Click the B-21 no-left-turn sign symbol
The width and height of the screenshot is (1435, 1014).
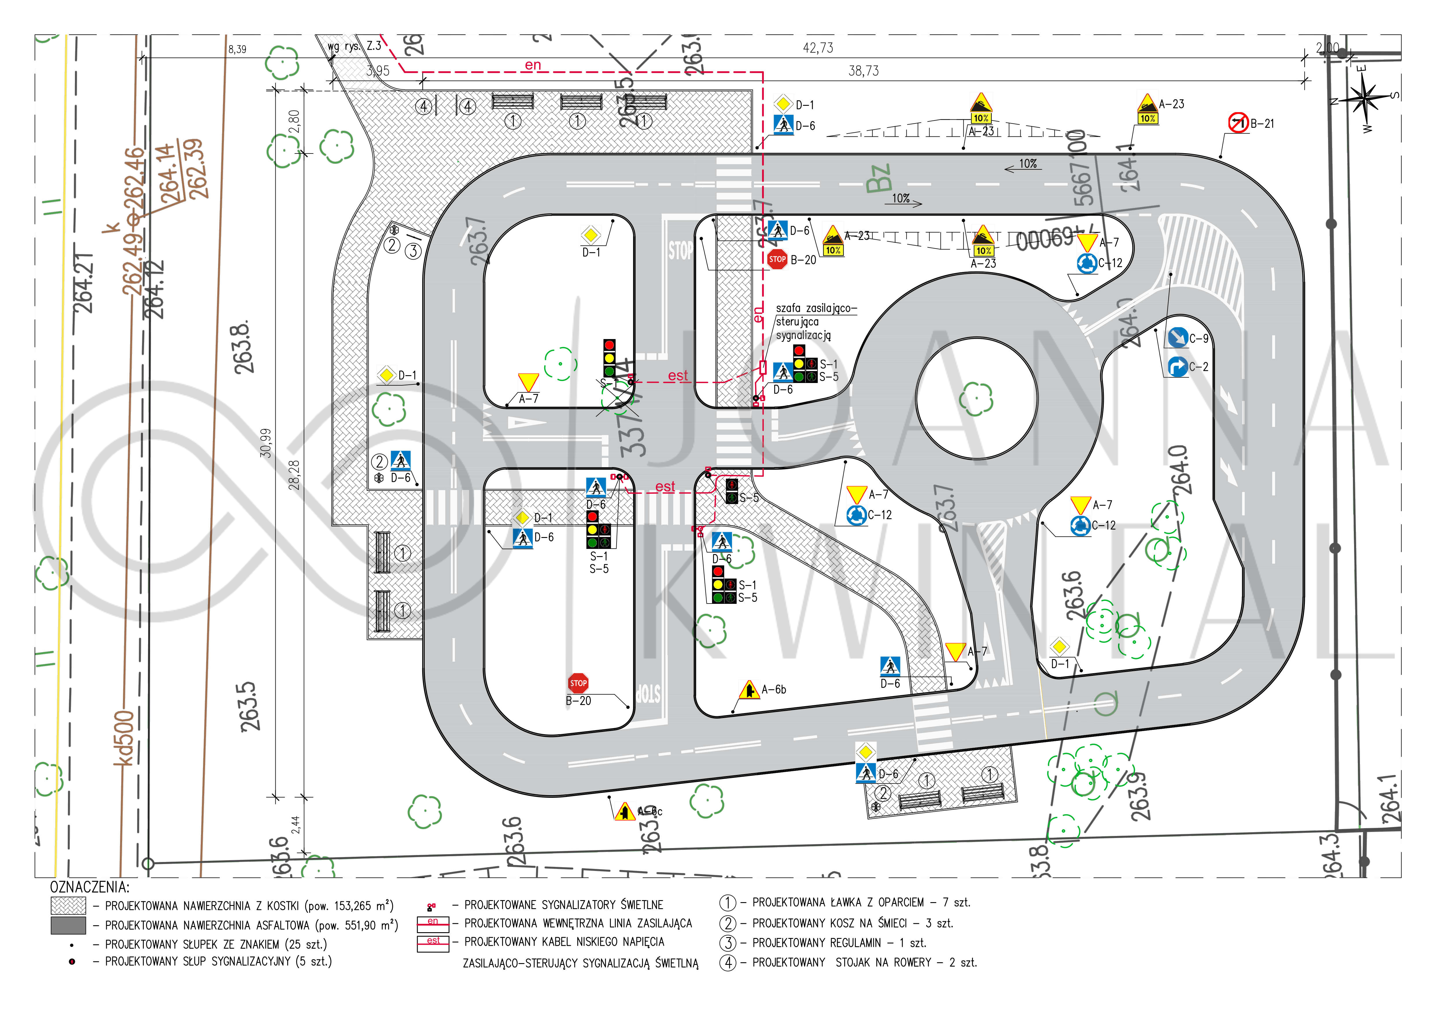[1238, 123]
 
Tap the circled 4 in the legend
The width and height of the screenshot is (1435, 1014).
[728, 963]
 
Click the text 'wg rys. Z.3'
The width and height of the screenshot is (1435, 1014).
[354, 46]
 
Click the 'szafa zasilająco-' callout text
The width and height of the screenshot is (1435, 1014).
[816, 308]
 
